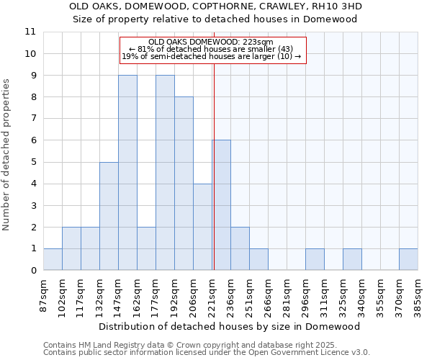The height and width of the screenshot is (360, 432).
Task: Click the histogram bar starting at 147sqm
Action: (x=127, y=173)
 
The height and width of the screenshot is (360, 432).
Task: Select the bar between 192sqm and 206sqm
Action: (x=184, y=184)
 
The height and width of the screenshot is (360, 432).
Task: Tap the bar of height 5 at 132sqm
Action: (x=109, y=216)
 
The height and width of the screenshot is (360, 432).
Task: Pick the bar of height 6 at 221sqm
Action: (x=221, y=205)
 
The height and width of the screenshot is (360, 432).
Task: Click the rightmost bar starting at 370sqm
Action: (x=408, y=259)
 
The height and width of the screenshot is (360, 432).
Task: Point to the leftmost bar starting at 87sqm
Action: (x=53, y=259)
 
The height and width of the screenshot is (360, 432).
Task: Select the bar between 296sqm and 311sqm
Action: (x=315, y=259)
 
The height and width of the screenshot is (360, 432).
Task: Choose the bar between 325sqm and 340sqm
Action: (x=352, y=259)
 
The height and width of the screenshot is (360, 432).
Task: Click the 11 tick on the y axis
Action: (x=30, y=32)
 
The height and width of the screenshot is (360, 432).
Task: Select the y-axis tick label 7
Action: (x=33, y=119)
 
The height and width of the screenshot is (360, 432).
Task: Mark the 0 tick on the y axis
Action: (x=33, y=271)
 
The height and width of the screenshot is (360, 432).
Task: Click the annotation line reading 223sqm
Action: (x=212, y=42)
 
